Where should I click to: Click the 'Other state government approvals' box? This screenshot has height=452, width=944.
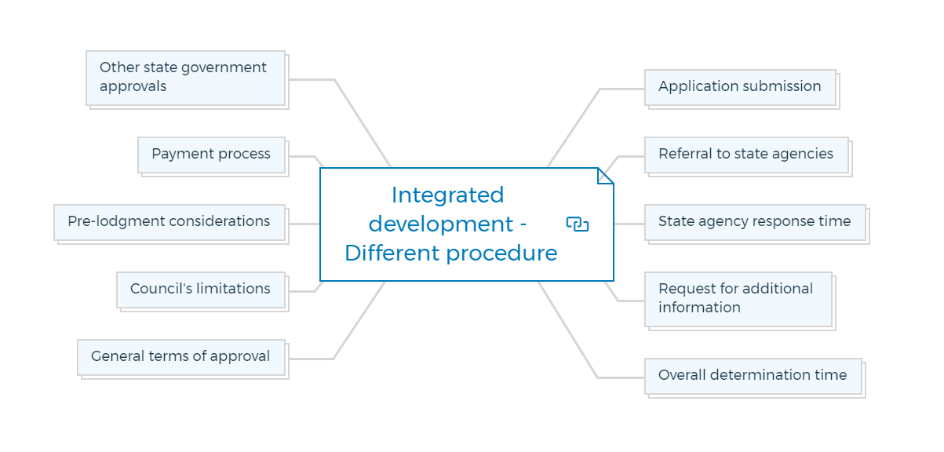[x=186, y=78]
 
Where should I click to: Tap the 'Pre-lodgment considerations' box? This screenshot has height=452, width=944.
[x=169, y=222]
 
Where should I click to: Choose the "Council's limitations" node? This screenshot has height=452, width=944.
[x=201, y=290]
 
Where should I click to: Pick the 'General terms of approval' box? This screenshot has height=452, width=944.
[x=181, y=357]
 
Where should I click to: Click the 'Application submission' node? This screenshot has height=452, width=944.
[x=741, y=88]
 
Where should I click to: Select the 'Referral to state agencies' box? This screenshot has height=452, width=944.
[x=747, y=155]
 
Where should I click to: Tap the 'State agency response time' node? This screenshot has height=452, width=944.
[x=756, y=222]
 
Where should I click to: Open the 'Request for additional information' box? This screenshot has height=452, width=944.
[x=738, y=299]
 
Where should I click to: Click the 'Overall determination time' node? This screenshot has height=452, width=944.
[x=753, y=376]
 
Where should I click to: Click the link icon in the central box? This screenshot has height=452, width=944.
[x=578, y=224]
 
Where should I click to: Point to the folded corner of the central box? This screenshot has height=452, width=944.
[x=605, y=176]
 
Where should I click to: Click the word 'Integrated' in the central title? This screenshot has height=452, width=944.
[x=447, y=195]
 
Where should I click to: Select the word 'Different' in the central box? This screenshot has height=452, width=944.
[x=392, y=253]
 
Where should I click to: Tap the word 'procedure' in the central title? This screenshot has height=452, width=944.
[x=501, y=254]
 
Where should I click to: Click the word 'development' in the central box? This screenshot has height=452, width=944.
[x=441, y=224]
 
